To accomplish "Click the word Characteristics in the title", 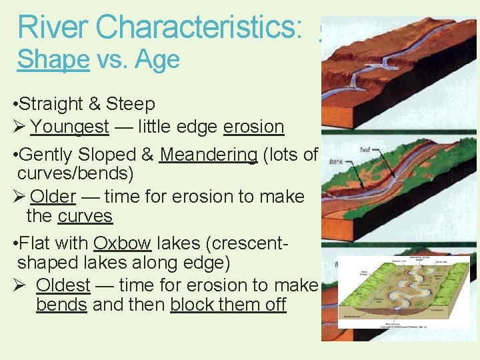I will click(200, 27).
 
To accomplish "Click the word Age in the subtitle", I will click(157, 60).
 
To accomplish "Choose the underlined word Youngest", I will click(69, 127).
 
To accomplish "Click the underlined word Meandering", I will click(209, 155).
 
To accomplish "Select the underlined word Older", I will click(53, 197).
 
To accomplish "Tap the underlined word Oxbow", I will click(122, 243).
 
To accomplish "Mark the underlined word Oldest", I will click(63, 285).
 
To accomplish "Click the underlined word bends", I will click(61, 305).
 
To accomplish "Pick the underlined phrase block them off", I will click(228, 305).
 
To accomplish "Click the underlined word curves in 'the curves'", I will click(85, 217).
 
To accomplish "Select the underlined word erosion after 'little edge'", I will click(253, 127).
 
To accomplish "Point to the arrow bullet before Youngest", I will click(19, 127).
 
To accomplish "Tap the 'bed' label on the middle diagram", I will click(365, 151).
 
